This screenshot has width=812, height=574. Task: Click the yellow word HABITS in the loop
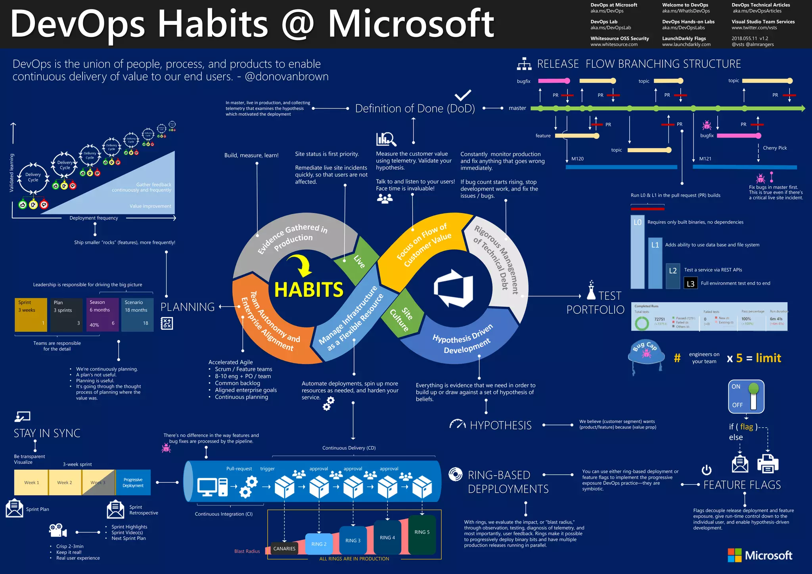(308, 290)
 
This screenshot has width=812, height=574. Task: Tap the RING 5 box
(422, 532)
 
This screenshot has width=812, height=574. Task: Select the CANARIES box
(284, 549)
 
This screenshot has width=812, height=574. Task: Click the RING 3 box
(352, 541)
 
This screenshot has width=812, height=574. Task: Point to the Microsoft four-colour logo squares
(734, 555)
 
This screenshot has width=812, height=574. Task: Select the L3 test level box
(690, 283)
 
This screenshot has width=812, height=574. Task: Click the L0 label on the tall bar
(637, 222)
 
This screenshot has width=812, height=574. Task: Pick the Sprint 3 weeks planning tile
(31, 314)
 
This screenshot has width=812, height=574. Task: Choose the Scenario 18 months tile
(137, 314)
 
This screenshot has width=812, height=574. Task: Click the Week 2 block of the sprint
(65, 482)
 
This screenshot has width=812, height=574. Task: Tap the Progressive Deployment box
(133, 482)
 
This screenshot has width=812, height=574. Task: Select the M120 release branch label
(577, 159)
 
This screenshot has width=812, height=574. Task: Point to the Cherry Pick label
(774, 148)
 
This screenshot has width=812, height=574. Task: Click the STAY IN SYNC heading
(47, 433)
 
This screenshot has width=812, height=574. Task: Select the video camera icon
(58, 530)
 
